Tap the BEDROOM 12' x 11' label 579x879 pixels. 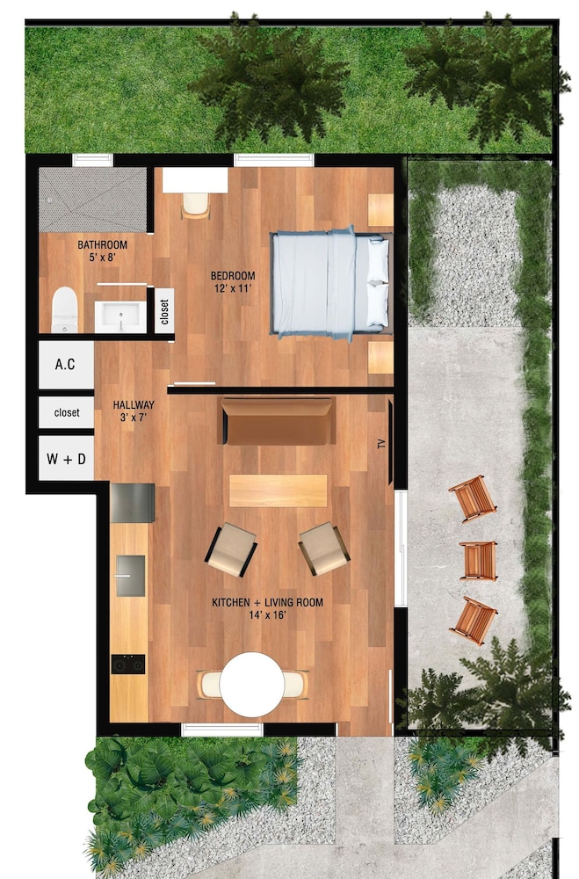click(x=233, y=282)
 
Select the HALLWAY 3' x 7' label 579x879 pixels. click(x=134, y=410)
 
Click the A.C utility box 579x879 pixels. click(x=66, y=365)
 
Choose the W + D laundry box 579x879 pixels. click(x=66, y=459)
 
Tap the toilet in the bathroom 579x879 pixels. click(x=64, y=310)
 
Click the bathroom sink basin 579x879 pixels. click(x=120, y=317)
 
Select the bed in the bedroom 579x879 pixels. click(x=330, y=283)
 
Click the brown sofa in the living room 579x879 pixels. click(x=277, y=421)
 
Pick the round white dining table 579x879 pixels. click(x=251, y=684)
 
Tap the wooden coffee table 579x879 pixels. click(x=278, y=491)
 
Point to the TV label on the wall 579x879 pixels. click(x=382, y=445)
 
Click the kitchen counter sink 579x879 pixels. click(x=130, y=576)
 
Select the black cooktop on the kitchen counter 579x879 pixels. click(x=127, y=665)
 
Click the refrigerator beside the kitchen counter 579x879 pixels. click(x=133, y=503)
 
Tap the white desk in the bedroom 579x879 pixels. click(x=195, y=180)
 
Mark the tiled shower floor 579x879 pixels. click(x=92, y=199)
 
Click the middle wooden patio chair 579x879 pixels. click(x=478, y=561)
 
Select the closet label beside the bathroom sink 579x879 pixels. click(x=164, y=312)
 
